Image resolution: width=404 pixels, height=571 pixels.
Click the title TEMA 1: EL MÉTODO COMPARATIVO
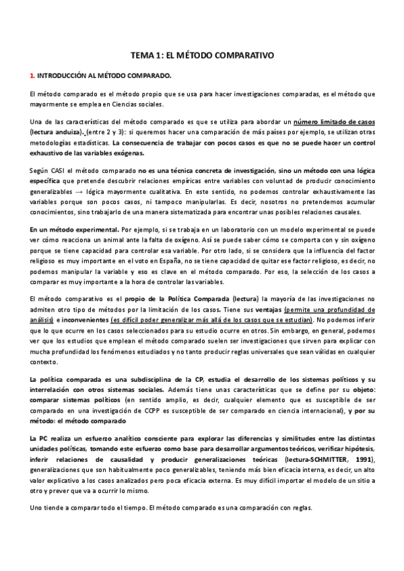click(201, 57)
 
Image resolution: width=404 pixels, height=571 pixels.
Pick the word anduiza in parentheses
click(68, 132)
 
